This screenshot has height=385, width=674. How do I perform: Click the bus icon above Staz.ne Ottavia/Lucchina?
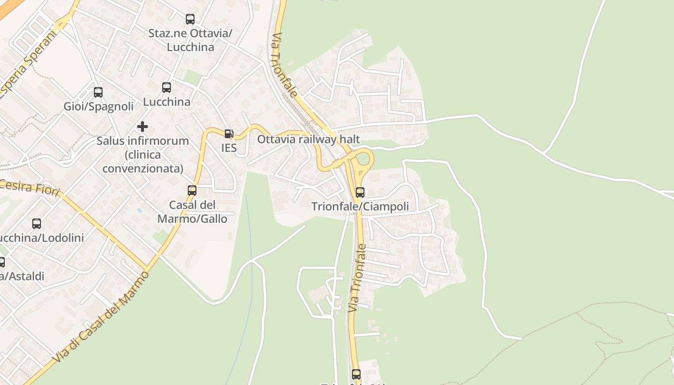coord(190,19)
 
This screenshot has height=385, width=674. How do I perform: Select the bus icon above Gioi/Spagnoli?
coord(98,92)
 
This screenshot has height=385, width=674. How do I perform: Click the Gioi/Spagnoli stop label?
coord(99,107)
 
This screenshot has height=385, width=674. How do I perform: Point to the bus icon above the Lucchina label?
coord(167,88)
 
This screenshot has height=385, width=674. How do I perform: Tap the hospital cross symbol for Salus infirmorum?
coord(143,127)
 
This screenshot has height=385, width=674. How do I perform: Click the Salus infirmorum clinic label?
coord(143,154)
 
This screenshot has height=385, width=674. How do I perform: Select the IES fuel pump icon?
coord(229,134)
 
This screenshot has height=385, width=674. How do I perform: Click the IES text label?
coord(229,148)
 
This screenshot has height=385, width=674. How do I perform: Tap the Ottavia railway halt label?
coord(309,140)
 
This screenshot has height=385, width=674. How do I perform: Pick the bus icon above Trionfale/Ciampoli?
coord(360,192)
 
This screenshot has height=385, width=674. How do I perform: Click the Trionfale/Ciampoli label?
coord(360,206)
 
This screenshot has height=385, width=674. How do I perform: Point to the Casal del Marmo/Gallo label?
coord(192,212)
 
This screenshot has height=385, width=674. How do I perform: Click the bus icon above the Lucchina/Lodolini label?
coord(37,224)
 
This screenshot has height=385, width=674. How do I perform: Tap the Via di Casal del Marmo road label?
coord(101,318)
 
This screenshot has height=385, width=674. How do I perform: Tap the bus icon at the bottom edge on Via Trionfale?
coord(356,374)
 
